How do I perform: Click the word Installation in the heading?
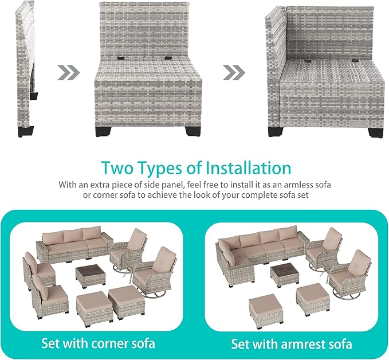coord(249,168)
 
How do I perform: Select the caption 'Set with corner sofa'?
coord(98,343)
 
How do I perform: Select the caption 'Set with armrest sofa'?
coord(292,344)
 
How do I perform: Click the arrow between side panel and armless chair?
coord(69,72)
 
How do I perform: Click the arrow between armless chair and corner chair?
coord(234,72)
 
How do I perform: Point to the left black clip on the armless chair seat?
coord(121,58)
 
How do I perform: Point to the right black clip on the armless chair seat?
coord(168,58)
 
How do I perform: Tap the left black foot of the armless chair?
coord(103,132)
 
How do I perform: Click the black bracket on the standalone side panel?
coord(34,96)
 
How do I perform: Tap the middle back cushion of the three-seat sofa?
coord(73,236)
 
